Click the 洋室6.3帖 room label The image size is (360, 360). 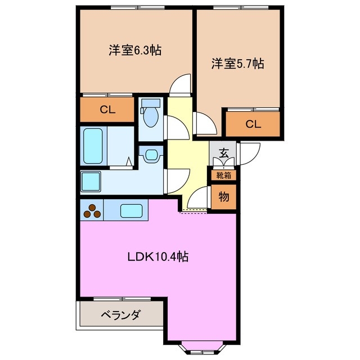[x=135, y=50]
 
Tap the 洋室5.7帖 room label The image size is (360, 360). [x=237, y=64]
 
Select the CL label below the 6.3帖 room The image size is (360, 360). [x=107, y=110]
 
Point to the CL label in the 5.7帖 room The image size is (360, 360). [x=253, y=124]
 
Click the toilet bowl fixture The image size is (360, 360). [x=150, y=118]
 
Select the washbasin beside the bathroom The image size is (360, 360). [x=150, y=155]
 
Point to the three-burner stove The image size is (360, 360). [x=92, y=211]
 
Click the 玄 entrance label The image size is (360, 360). [x=223, y=152]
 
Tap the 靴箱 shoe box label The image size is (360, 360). [x=223, y=175]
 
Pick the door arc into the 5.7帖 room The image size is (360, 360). [x=202, y=122]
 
